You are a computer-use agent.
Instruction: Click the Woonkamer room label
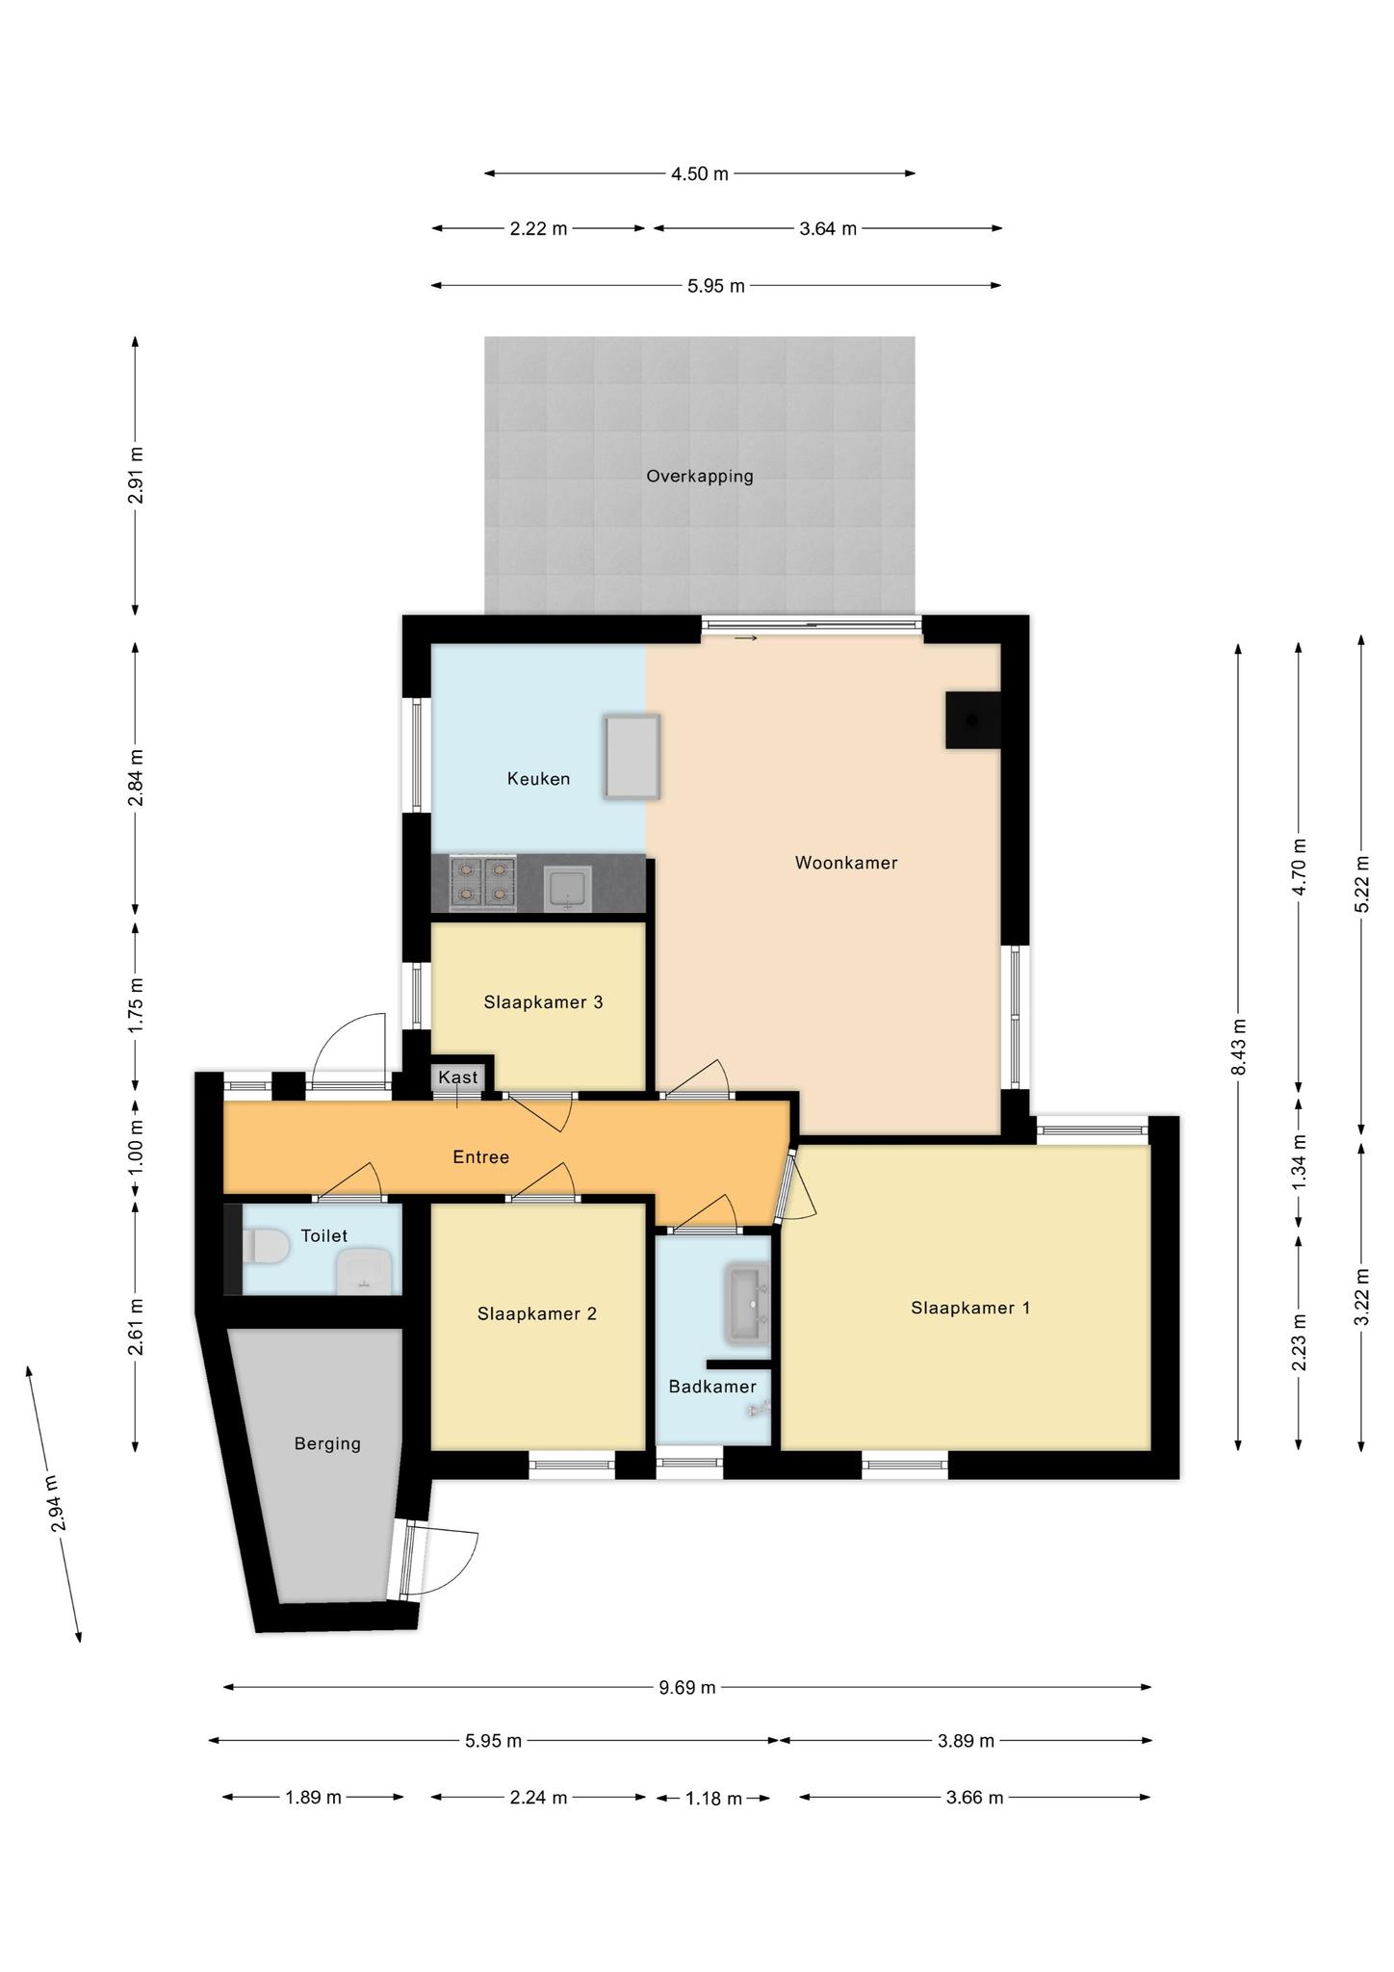(x=846, y=863)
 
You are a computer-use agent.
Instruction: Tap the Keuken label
(x=538, y=779)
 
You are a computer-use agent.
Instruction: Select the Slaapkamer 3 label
(x=543, y=1002)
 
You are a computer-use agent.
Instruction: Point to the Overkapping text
(x=700, y=476)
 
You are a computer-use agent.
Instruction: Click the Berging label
(x=327, y=1443)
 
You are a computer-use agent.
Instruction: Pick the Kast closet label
(x=457, y=1077)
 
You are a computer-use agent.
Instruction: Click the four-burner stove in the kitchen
(x=483, y=883)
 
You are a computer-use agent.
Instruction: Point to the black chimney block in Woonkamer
(x=973, y=720)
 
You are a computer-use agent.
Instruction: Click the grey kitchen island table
(x=632, y=757)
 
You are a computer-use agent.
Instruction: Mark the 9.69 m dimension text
(x=687, y=1687)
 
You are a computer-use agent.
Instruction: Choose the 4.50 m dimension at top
(x=700, y=174)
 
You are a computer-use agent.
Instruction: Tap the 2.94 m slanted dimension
(x=56, y=1504)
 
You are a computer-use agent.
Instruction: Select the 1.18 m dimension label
(x=713, y=1798)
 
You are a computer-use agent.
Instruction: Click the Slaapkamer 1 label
(x=970, y=1308)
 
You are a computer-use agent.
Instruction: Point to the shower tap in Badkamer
(x=758, y=1410)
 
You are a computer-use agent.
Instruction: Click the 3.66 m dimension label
(x=975, y=1798)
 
